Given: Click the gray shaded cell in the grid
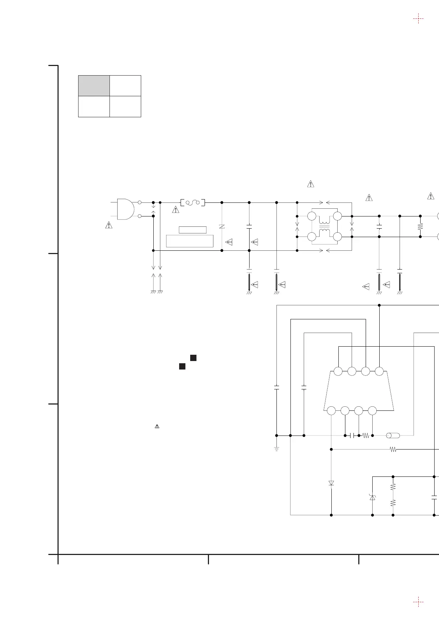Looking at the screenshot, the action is pos(94,86).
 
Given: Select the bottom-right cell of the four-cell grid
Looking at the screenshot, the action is pos(125,107).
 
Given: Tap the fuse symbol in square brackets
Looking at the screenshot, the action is pos(193,202).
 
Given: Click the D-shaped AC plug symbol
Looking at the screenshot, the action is pos(125,209).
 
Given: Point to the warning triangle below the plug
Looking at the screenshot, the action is pos(109,225).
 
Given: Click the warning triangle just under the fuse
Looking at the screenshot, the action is pos(175,210).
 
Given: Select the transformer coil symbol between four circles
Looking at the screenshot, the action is pos(324,226).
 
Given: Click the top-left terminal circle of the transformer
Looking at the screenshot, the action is pos(311,216).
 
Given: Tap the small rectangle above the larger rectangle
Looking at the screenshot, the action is pos(192,230).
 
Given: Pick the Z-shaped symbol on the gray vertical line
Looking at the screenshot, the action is pos(222,226).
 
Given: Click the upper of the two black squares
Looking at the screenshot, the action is pos(193,358).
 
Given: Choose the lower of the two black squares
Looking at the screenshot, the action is pos(182,366).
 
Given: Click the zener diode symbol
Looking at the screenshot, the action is pos(372,497).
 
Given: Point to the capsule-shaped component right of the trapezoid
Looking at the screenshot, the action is pos(393,436).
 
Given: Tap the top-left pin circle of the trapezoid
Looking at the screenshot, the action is pos(338,371).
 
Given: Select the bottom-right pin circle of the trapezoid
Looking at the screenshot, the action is pos(372,410).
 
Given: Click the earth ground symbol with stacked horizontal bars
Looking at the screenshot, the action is pos(276,449).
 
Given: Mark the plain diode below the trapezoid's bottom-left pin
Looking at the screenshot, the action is pos(331,483).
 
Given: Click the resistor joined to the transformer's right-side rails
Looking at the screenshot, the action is pos(420,226).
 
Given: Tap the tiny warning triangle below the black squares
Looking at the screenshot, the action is pos(157,426).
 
